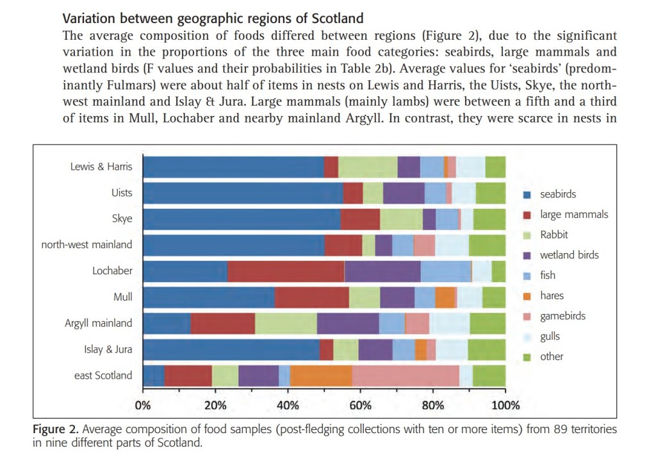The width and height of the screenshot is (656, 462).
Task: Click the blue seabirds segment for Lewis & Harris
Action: pos(233,167)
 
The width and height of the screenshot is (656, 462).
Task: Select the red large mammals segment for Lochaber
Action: pos(286,271)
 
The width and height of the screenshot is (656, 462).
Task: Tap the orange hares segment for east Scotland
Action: pos(320,375)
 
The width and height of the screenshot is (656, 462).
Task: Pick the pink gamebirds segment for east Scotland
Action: pos(406,375)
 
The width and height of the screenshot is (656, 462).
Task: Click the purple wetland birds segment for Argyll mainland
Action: pos(348,324)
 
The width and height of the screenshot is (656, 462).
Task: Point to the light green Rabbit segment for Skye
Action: pos(401,219)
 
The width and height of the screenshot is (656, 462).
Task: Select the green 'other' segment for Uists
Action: pos(490,193)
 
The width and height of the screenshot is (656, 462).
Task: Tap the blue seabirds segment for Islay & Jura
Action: pos(231,350)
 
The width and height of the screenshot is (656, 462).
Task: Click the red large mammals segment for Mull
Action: pos(311,297)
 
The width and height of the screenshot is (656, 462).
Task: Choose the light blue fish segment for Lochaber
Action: pos(446,271)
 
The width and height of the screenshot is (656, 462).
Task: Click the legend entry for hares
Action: pos(552,296)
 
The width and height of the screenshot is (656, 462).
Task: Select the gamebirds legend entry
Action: pos(562,316)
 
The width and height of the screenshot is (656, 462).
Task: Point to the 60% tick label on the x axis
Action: pos(361,405)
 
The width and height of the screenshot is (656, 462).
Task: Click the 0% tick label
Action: pos(143,405)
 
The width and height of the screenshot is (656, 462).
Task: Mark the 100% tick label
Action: pos(505,405)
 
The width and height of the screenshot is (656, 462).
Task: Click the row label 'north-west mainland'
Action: pos(86,244)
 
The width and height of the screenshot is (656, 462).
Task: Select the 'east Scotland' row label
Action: pos(103,375)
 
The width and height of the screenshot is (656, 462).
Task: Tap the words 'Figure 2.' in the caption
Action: pos(56,429)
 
